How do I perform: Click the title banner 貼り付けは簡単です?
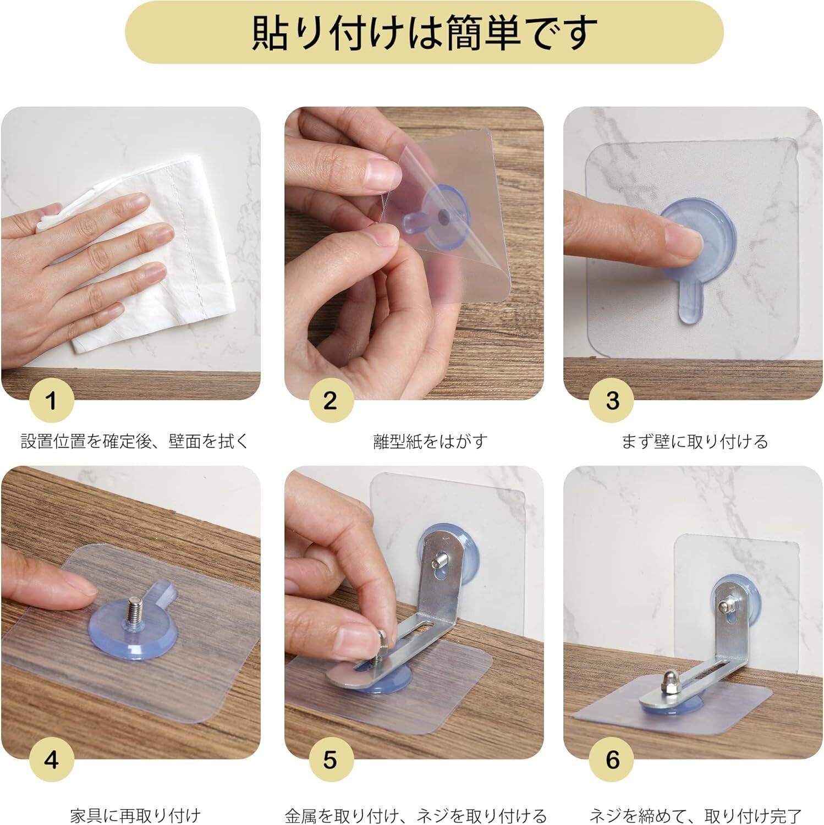[x=424, y=32]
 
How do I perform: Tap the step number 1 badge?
[x=52, y=400]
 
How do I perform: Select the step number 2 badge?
[x=330, y=400]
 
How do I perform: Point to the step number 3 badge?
[x=612, y=400]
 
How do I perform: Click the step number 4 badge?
[x=52, y=760]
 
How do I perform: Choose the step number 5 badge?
[x=330, y=760]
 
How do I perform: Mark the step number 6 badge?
[x=612, y=760]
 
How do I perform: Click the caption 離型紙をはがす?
[x=430, y=442]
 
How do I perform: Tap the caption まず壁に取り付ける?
[x=695, y=442]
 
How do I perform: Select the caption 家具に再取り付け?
[x=135, y=815]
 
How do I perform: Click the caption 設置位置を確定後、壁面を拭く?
[x=135, y=442]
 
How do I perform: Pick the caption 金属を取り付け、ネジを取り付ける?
[x=416, y=815]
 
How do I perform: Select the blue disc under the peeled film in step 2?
[x=440, y=220]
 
